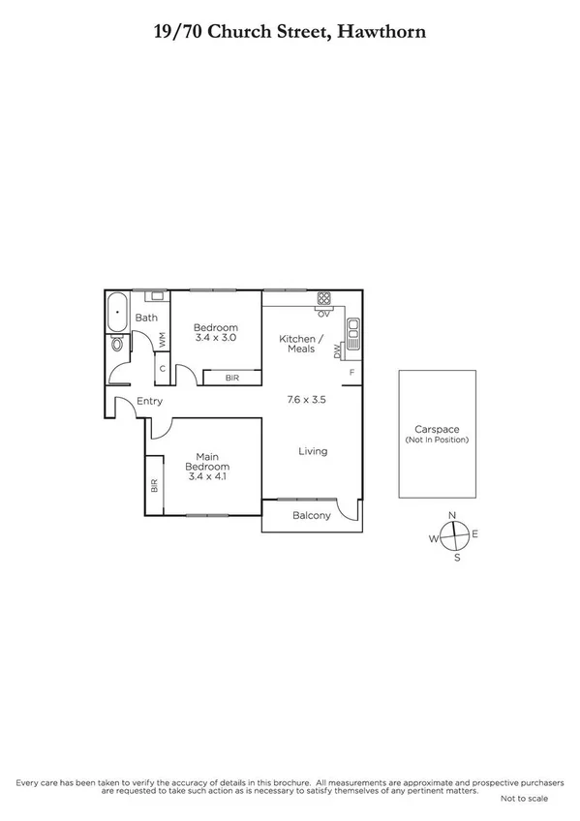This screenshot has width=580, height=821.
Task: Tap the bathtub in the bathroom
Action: [x=117, y=312]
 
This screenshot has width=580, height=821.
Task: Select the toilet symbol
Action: [x=118, y=344]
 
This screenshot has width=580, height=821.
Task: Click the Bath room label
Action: [x=146, y=318]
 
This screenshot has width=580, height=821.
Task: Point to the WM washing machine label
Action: [x=163, y=340]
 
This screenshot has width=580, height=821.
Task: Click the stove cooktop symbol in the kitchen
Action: [x=324, y=298]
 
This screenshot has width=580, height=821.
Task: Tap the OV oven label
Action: [x=324, y=313]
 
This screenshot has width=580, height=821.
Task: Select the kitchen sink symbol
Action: [x=353, y=334]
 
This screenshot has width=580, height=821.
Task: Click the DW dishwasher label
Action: [x=338, y=352]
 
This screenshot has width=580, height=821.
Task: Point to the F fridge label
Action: [x=351, y=373]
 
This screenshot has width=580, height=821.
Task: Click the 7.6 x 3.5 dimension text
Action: [x=306, y=399]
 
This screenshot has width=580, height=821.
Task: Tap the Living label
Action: [x=313, y=451]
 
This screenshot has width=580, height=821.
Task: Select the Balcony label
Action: [x=312, y=516]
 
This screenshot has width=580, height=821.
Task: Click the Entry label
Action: [x=149, y=402]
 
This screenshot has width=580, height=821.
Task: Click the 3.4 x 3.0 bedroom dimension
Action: [x=215, y=338]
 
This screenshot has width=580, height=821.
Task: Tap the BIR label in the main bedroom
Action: [x=154, y=486]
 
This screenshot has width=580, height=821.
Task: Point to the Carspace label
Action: [x=437, y=429]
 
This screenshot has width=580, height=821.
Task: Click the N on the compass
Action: [x=451, y=515]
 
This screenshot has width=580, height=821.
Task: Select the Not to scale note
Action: [x=524, y=799]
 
